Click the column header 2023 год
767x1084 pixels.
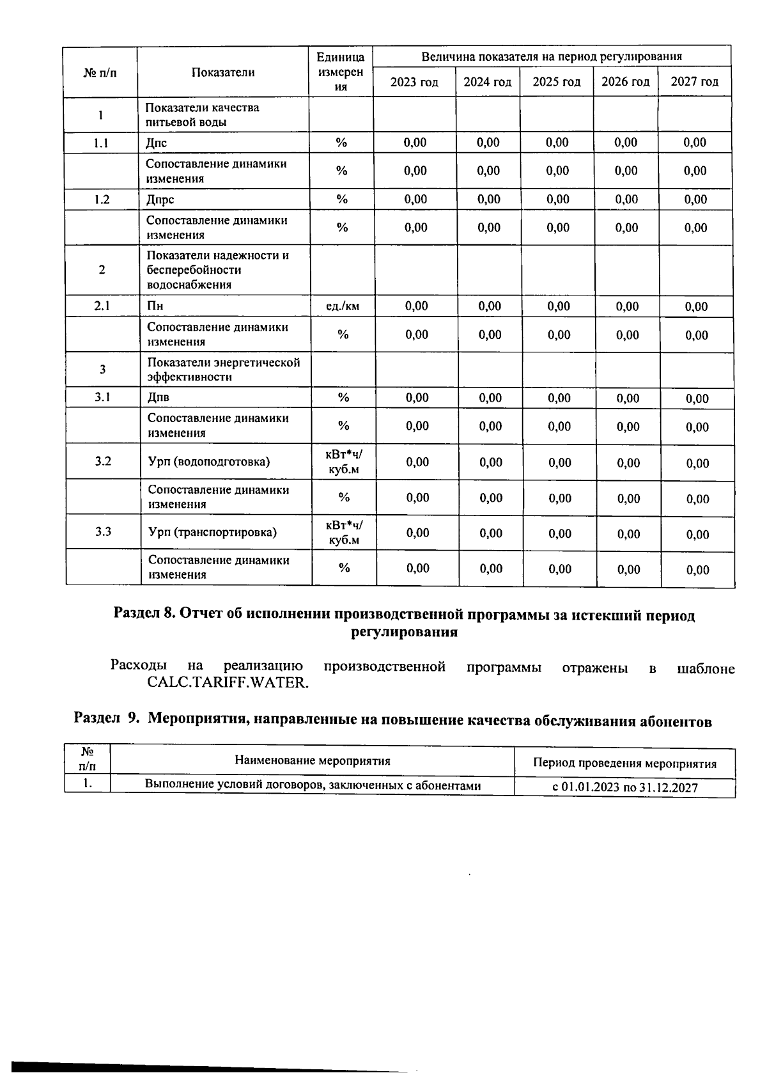point(414,82)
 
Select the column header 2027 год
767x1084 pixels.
point(694,82)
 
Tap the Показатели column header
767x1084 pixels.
point(223,72)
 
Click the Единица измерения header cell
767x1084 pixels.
point(341,72)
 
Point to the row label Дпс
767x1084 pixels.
point(157,143)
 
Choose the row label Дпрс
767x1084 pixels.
point(160,200)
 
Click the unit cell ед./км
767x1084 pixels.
point(343,306)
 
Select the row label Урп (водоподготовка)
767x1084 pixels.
point(209,462)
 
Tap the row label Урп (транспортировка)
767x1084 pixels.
point(212,532)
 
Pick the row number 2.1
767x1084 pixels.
point(102,306)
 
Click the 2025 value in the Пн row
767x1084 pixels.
point(559,306)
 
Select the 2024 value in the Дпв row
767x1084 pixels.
point(490,398)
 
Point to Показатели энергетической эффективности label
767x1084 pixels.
point(224,369)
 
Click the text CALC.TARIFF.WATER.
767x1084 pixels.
point(228,682)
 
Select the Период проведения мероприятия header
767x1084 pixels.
point(624,763)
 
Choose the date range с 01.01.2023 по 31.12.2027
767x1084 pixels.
point(624,787)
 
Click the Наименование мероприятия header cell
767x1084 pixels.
point(312,760)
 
